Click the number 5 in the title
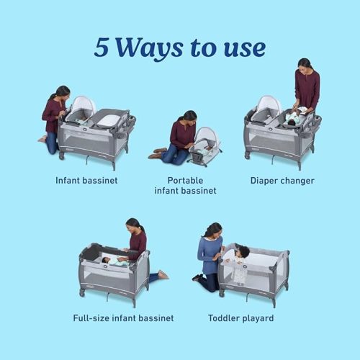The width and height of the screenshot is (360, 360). tap(102, 48)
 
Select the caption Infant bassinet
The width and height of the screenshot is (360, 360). tap(86, 181)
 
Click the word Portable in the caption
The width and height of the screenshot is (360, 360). tap(185, 181)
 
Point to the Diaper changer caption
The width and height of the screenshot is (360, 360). tap(282, 181)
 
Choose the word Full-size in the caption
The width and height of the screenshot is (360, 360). tap(91, 318)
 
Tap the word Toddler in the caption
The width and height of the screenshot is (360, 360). tap(223, 318)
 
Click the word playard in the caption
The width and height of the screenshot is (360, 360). tap(258, 318)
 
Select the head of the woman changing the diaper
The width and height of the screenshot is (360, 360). tap(305, 65)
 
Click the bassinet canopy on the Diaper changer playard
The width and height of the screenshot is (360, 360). tap(269, 105)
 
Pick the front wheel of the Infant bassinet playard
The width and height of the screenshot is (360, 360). tap(62, 156)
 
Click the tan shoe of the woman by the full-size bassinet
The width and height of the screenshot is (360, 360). tap(163, 274)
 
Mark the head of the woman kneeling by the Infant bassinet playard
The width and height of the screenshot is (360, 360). tap(63, 92)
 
